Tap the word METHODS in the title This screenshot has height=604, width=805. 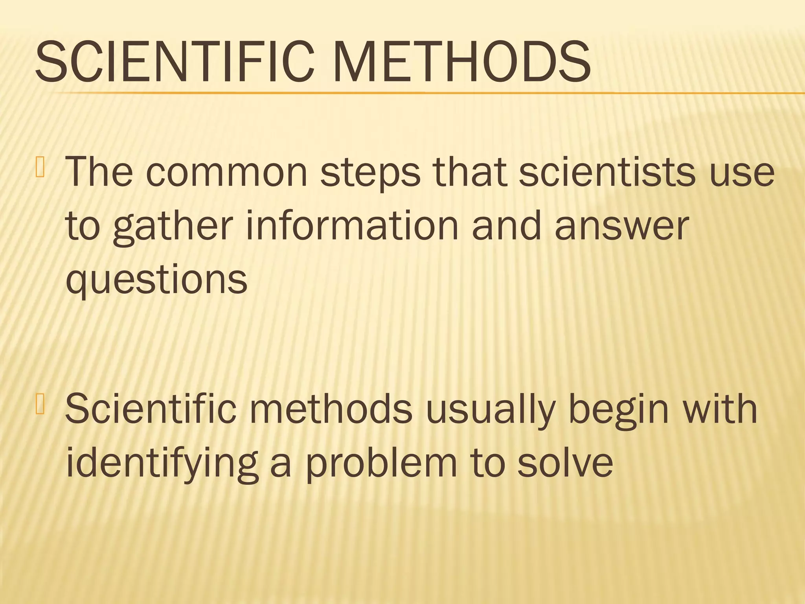(x=462, y=63)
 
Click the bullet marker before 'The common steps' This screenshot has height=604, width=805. (x=40, y=167)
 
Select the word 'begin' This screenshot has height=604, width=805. (x=619, y=411)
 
